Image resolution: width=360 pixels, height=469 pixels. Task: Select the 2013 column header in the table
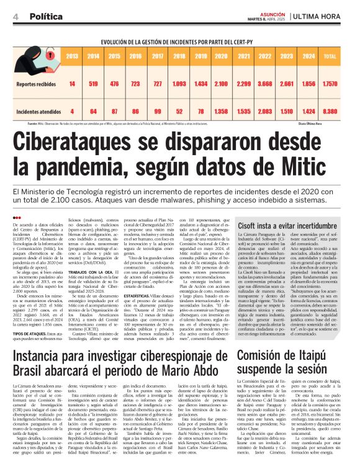tap(73, 56)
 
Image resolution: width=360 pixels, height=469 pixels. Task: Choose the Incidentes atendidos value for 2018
tap(179, 111)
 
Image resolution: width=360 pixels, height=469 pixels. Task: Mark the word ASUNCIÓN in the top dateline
tap(271, 12)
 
